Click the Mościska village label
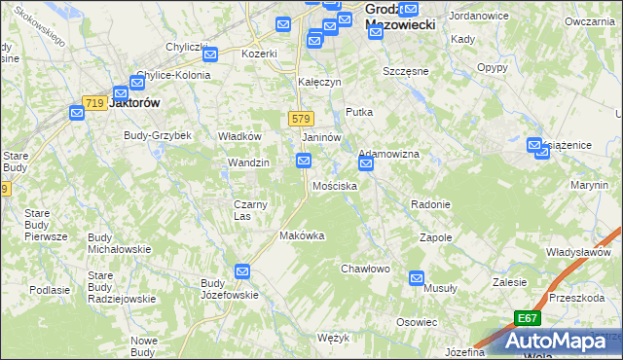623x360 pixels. click(x=334, y=186)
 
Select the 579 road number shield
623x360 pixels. click(x=300, y=119)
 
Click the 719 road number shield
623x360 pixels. click(x=94, y=103)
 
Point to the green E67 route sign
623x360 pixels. click(x=527, y=318)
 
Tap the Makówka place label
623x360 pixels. click(x=301, y=235)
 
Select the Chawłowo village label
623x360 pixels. click(x=365, y=269)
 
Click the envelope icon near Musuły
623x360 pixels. click(x=417, y=277)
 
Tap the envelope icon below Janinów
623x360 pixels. click(x=304, y=172)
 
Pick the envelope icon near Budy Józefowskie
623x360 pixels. click(x=242, y=271)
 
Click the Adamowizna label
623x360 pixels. click(x=388, y=155)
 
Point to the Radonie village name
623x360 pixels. click(x=430, y=204)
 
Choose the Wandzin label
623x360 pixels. click(x=247, y=162)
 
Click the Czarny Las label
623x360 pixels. click(x=250, y=210)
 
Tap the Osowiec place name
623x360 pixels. click(x=416, y=322)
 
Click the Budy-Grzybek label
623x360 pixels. click(x=157, y=135)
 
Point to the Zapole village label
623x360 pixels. click(x=435, y=237)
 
